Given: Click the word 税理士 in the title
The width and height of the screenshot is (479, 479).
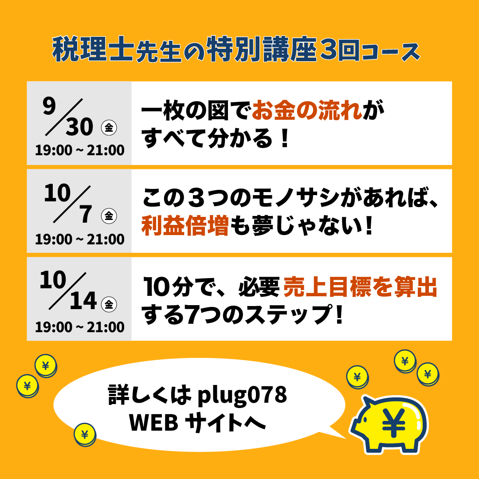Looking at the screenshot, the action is click(93, 50).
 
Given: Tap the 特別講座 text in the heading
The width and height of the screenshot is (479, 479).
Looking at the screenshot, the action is click(262, 50).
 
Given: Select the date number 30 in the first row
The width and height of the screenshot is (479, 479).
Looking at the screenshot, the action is click(79, 127).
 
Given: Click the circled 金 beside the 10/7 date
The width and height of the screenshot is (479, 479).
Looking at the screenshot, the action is click(109, 216).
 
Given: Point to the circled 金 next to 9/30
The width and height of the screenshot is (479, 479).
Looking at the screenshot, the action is click(109, 128).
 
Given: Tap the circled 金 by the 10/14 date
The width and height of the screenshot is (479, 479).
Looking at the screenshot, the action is click(109, 304).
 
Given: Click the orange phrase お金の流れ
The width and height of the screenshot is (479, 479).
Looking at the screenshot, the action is click(307, 110).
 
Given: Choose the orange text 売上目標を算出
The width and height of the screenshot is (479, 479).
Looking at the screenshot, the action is click(361, 287).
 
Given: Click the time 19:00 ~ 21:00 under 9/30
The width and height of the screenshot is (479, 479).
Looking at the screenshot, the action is click(80, 150).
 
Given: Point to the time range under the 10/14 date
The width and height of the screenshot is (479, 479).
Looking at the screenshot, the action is click(80, 327).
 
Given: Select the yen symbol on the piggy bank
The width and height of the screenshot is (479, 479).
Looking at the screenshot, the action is click(394, 423).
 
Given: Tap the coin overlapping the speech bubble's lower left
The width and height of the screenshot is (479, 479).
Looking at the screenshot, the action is click(85, 434).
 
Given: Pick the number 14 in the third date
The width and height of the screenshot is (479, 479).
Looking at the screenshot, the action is click(83, 301).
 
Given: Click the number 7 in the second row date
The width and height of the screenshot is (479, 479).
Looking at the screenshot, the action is click(86, 214).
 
